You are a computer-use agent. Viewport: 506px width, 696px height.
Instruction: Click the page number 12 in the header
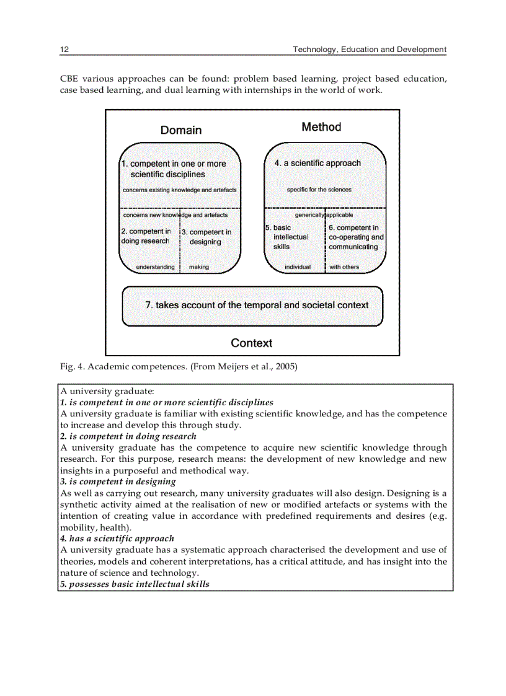64,49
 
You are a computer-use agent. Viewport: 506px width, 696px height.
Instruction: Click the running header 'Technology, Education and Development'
369,49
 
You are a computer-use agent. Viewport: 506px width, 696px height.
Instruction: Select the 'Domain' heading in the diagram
181,130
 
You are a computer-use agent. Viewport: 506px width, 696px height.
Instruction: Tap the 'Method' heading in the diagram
321,126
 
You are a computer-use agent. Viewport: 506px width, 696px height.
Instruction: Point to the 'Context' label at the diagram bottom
251,343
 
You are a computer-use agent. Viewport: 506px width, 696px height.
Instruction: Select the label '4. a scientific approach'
317,163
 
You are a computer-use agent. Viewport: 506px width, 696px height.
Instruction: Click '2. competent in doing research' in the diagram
146,236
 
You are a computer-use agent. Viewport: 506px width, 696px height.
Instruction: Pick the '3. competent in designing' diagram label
206,237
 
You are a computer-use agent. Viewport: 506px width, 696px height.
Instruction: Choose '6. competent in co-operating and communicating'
355,237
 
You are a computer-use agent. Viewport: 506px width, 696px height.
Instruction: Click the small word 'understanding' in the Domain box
155,267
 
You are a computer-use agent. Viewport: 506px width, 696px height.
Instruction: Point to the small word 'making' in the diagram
198,267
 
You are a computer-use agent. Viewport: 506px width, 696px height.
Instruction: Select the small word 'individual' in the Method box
297,267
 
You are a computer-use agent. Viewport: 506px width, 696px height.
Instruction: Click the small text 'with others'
344,267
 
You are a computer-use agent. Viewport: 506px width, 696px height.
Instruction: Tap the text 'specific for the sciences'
319,190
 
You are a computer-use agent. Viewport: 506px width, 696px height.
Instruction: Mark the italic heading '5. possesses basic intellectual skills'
135,584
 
